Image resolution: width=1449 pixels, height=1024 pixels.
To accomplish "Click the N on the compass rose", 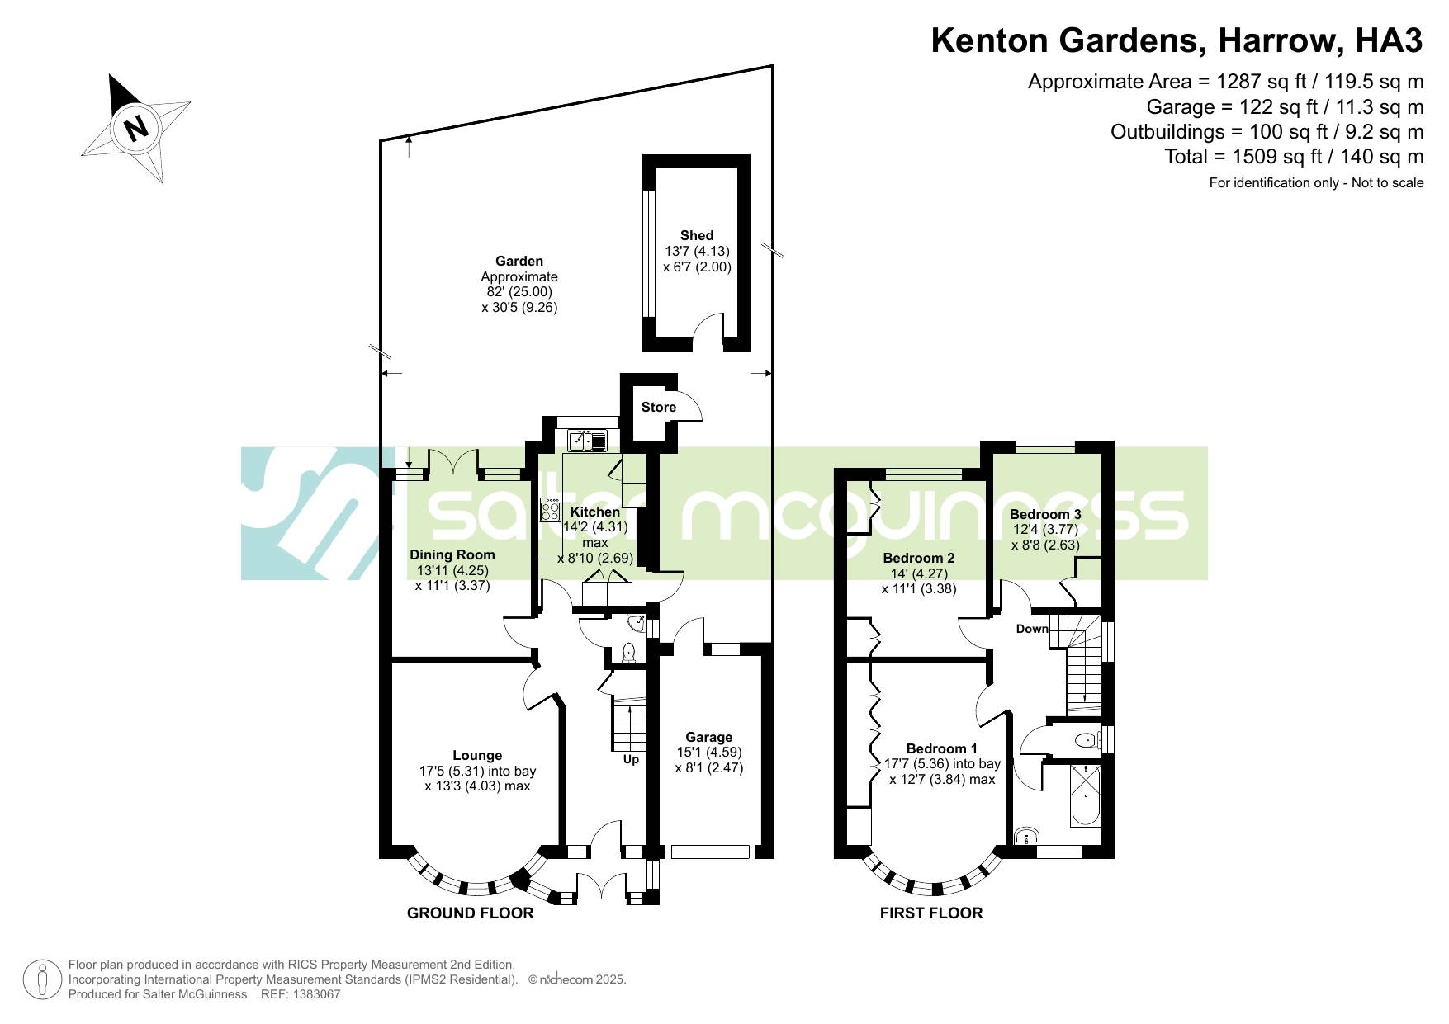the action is tap(136, 128).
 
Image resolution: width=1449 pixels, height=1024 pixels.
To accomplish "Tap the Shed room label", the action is tap(697, 235).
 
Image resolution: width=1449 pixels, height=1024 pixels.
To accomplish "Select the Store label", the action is tap(659, 407).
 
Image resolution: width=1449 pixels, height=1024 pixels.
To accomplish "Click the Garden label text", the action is tap(519, 261).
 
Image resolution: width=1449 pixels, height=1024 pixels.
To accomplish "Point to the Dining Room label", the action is tap(452, 554).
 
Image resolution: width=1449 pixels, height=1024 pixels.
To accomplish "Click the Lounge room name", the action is tap(477, 755).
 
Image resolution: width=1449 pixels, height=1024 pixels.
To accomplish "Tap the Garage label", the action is tap(709, 737).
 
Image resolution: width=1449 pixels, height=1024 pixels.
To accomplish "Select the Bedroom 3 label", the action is tap(1045, 514).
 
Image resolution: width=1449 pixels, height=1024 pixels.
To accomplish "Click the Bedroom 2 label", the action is tap(919, 558).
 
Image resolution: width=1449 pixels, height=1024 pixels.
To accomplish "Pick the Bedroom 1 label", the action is tap(942, 748).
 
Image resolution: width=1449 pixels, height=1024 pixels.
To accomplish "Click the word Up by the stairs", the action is tap(631, 759).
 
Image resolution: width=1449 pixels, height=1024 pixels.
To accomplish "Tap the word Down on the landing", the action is tap(1032, 629).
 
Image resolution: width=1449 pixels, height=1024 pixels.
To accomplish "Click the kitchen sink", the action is tap(587, 441).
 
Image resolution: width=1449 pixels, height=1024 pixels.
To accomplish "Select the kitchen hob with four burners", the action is tap(550, 509).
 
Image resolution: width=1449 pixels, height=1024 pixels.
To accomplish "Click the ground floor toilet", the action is tap(629, 652).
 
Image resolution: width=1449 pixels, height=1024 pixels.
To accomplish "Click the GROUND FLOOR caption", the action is tap(471, 913).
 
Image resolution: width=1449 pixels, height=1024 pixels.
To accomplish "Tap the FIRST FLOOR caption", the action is tap(931, 913).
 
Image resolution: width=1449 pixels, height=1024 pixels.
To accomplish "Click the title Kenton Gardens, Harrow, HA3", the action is tap(1177, 40).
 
